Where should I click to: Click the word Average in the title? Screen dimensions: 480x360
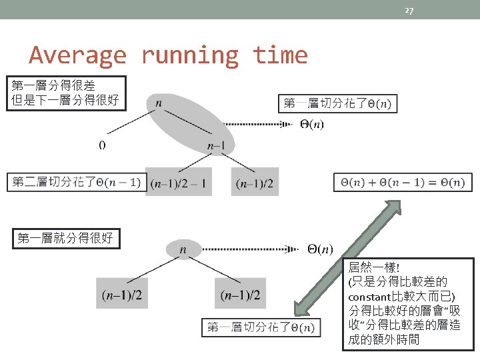click(x=77, y=55)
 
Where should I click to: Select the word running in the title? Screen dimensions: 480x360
click(x=189, y=55)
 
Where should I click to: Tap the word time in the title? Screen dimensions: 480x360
click(x=280, y=55)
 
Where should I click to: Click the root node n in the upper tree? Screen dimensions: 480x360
click(x=158, y=103)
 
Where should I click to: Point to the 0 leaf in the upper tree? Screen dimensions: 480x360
click(x=101, y=145)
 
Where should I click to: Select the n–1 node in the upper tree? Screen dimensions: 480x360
click(x=215, y=146)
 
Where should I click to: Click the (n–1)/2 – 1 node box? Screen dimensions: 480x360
click(x=178, y=183)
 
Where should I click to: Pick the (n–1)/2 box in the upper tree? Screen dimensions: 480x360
click(x=255, y=183)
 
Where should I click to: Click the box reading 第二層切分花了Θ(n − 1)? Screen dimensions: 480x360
click(x=77, y=181)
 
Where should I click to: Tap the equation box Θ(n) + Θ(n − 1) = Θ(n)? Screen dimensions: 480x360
click(x=402, y=182)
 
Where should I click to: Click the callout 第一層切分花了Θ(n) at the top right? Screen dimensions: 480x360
click(x=337, y=103)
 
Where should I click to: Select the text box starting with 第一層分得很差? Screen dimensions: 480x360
click(x=65, y=93)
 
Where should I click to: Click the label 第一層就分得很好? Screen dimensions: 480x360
click(x=65, y=238)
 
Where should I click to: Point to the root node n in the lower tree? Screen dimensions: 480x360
click(x=183, y=249)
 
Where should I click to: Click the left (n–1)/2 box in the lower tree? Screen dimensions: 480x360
click(x=125, y=294)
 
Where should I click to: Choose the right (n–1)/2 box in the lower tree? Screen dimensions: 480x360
click(x=241, y=294)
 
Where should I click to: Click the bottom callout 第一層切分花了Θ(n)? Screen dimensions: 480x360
click(x=261, y=327)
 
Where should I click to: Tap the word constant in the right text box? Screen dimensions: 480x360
click(x=370, y=296)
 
